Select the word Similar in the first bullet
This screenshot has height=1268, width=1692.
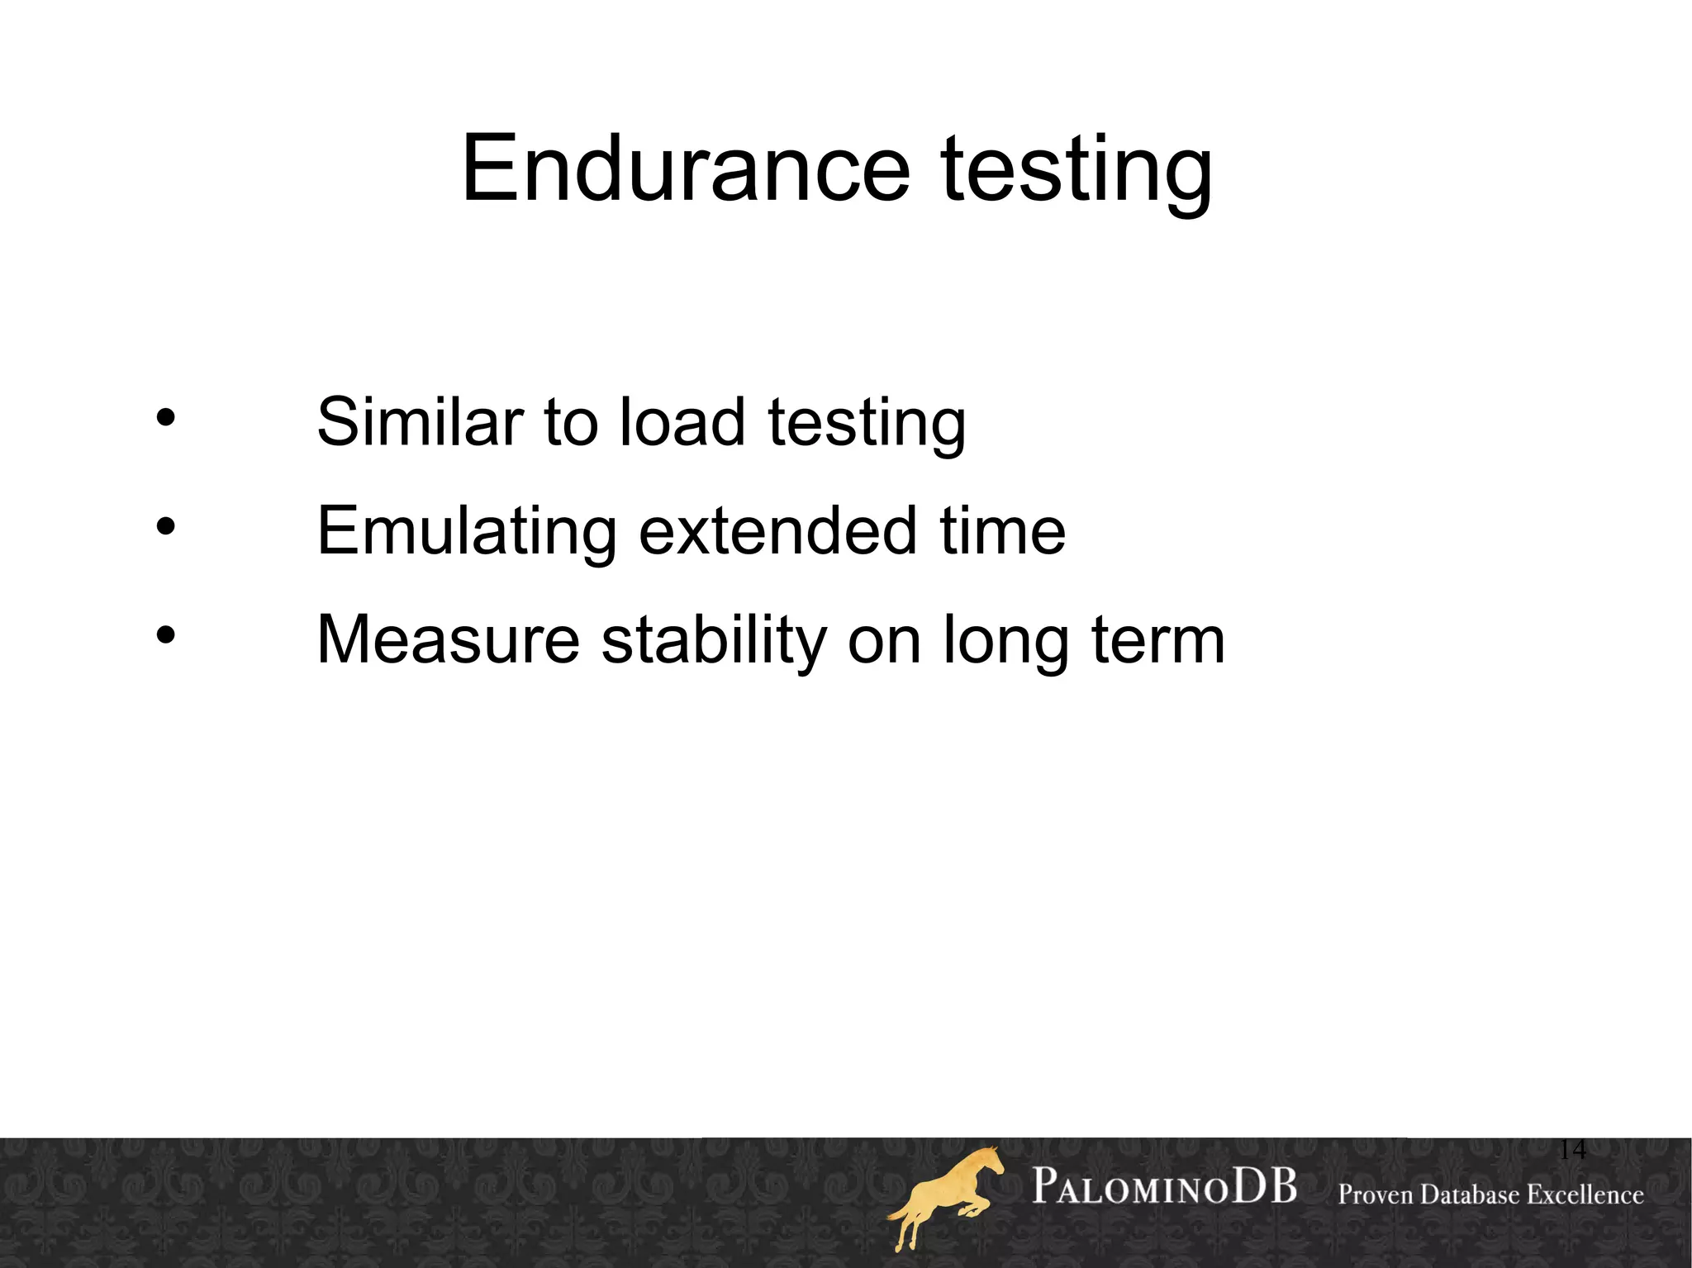click(419, 422)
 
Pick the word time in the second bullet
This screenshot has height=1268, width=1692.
click(1002, 530)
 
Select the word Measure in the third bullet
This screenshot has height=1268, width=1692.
click(449, 640)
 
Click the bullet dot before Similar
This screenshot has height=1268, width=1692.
click(166, 418)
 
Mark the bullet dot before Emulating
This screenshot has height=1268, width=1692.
click(166, 526)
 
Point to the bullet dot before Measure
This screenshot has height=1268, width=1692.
click(166, 635)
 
